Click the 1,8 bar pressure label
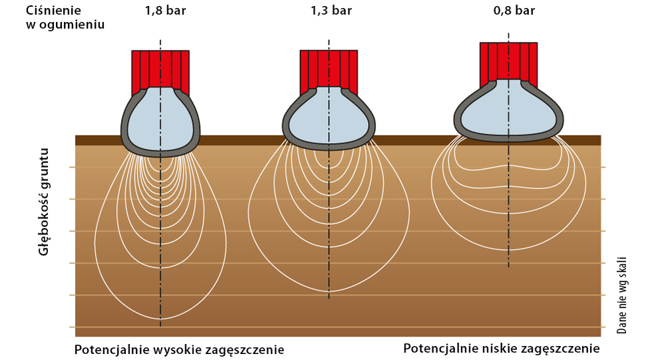pyautogui.click(x=166, y=11)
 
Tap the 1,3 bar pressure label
pyautogui.click(x=331, y=11)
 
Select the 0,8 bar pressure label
pyautogui.click(x=514, y=11)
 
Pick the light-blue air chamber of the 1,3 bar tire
pyautogui.click(x=329, y=116)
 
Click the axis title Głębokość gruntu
pyautogui.click(x=44, y=202)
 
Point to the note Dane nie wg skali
pyautogui.click(x=621, y=295)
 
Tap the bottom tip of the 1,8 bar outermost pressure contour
pyautogui.click(x=160, y=319)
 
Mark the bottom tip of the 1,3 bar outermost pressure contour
pyautogui.click(x=329, y=291)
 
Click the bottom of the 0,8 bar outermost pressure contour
pyautogui.click(x=508, y=250)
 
